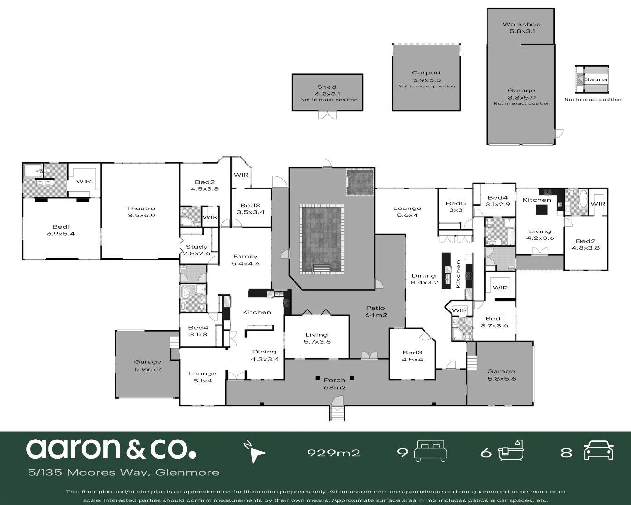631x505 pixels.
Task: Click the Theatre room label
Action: (141, 212)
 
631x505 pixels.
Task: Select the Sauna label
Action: (596, 79)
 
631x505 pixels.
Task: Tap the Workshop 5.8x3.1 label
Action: (522, 28)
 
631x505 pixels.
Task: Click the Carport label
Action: (426, 76)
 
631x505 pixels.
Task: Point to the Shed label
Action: (327, 90)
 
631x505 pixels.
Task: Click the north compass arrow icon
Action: (255, 452)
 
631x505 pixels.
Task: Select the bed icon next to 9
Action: (431, 451)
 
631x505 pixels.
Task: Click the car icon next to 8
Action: (598, 451)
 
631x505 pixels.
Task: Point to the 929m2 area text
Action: (333, 453)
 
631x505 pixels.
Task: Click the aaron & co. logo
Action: (111, 448)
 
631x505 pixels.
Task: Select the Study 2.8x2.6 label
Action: (197, 250)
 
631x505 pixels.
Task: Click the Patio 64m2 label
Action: (375, 311)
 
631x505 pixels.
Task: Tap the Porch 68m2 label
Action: (334, 383)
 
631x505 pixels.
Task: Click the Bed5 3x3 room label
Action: (455, 207)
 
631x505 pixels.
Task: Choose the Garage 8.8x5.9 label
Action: (521, 94)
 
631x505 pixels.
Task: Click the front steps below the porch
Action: (337, 413)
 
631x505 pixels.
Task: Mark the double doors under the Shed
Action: (327, 115)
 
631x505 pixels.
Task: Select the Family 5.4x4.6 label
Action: (245, 260)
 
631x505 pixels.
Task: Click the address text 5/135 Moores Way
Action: (123, 472)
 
